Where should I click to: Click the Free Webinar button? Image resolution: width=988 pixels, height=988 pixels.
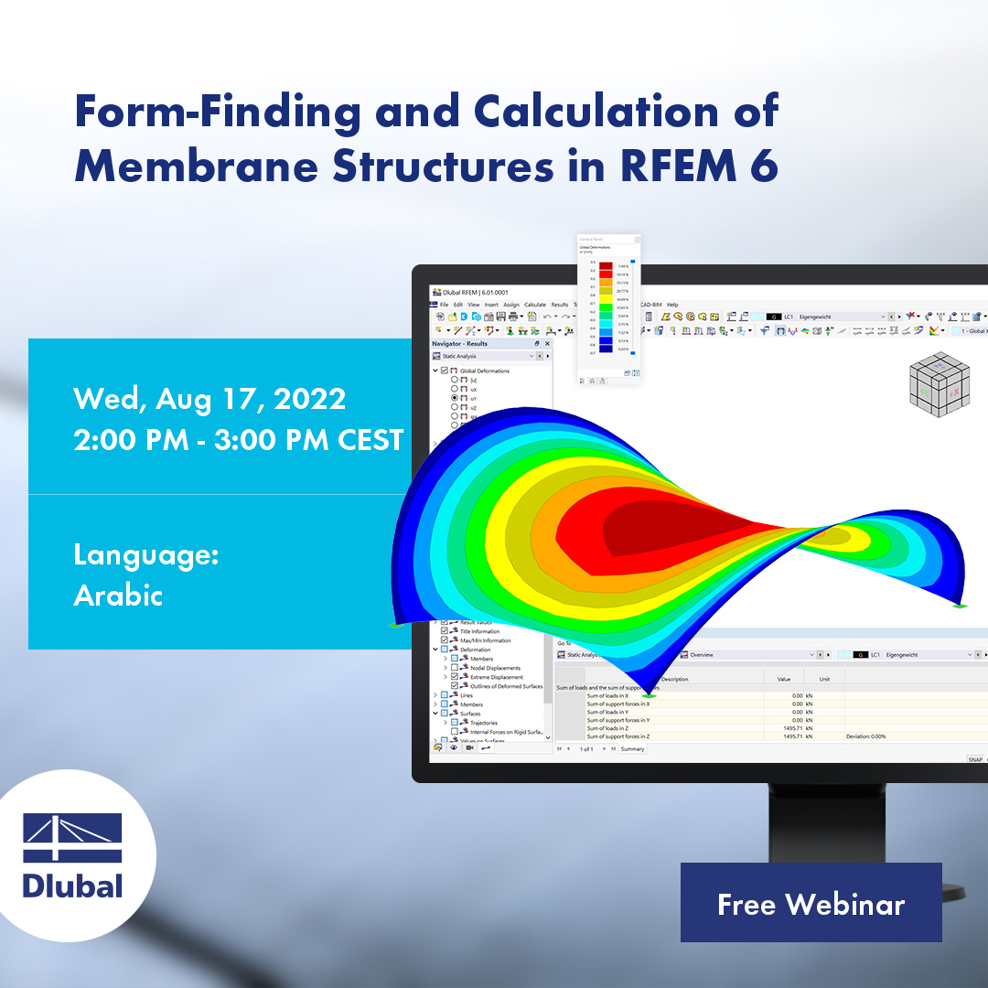pos(811,904)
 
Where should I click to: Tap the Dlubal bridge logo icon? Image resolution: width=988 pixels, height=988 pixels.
pos(72,838)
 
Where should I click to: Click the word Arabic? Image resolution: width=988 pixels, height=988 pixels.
pos(118,596)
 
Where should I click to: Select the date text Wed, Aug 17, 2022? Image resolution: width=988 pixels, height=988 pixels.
pos(209,399)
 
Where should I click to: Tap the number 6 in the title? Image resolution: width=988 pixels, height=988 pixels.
pos(764,167)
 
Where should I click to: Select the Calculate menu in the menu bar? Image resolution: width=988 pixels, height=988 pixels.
pos(535,305)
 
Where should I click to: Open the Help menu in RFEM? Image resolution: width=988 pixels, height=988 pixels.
pos(672,305)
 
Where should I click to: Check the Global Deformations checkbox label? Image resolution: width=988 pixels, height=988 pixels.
pos(485,370)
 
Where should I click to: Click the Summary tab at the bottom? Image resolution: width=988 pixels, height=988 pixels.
pos(633,749)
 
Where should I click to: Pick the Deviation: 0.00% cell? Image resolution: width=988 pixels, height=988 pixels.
pos(865,736)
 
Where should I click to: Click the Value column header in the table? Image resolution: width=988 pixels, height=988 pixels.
pos(784,679)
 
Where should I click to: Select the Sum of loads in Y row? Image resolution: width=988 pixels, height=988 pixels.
pos(608,712)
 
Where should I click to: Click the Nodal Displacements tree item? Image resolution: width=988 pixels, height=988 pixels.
pos(490,668)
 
